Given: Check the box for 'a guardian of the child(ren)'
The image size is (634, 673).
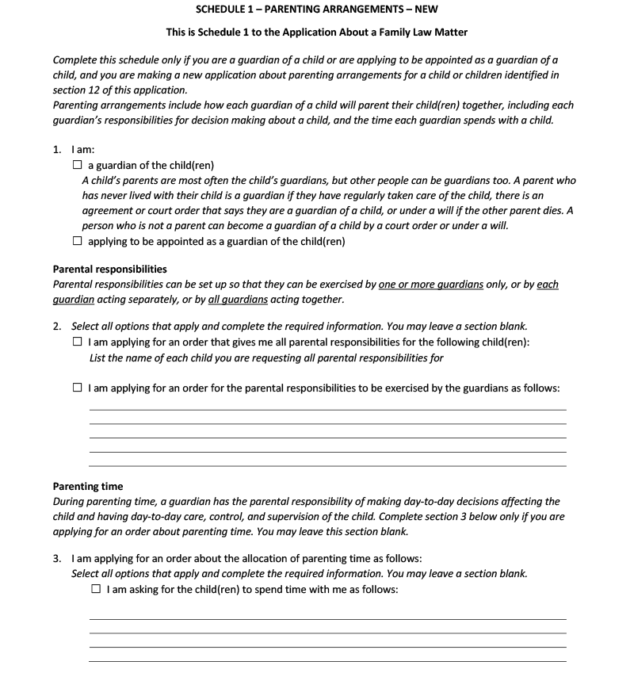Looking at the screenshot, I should (x=77, y=166).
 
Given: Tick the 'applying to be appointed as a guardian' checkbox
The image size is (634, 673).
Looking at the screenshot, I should (x=77, y=241).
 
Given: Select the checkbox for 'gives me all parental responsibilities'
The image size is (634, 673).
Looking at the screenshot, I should (x=77, y=342).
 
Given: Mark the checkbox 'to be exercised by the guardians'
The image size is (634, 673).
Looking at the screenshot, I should (x=77, y=388).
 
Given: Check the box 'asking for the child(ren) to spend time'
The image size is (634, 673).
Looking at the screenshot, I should (x=96, y=590).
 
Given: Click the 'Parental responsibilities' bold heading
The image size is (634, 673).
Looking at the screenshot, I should (x=109, y=270).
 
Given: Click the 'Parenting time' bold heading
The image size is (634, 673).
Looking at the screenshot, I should (x=88, y=487).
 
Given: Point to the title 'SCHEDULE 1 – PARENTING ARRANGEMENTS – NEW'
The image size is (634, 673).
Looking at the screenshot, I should (x=316, y=10).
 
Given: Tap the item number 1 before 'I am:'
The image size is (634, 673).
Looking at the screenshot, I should (x=56, y=147).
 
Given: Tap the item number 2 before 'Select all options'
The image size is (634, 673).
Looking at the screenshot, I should (x=56, y=327).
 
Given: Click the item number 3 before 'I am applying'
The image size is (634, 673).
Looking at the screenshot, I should (x=56, y=558).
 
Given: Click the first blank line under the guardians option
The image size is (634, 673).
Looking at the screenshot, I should (x=327, y=410).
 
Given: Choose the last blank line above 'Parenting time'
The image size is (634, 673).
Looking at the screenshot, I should (x=327, y=466).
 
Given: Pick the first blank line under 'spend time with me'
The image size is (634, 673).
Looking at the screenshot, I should (x=327, y=619).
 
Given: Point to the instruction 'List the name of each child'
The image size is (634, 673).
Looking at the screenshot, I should (x=266, y=358).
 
